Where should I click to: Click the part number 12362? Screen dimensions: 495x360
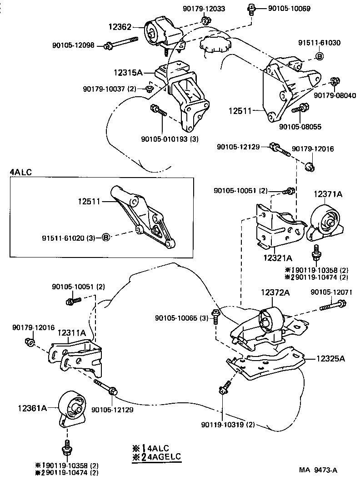[120, 27]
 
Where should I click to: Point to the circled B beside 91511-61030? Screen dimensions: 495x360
[320, 56]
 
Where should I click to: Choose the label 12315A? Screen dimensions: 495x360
[129, 72]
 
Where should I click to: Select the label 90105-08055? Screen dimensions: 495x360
[300, 127]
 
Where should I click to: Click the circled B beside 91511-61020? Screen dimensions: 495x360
[105, 237]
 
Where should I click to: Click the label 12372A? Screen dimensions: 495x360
[275, 293]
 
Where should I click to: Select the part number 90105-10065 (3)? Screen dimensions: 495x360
[181, 318]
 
